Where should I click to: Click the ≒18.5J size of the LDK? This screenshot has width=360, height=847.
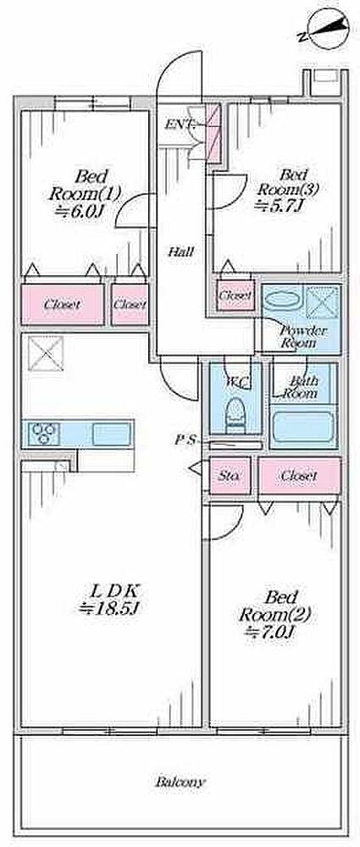coord(110,608)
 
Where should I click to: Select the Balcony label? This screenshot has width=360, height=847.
coord(180,781)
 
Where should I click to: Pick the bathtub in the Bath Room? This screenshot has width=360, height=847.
coord(302,428)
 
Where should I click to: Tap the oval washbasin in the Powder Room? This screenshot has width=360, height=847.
coord(282,299)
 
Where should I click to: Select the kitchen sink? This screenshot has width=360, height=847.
coord(111,434)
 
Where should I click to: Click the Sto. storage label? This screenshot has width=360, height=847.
coord(230,476)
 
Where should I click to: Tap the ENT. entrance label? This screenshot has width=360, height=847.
coord(178,125)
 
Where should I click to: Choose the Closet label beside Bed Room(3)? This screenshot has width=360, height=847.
coord(235,296)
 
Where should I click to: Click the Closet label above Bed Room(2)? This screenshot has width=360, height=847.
coord(299,476)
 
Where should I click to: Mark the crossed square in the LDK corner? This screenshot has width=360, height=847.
coord(46,352)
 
